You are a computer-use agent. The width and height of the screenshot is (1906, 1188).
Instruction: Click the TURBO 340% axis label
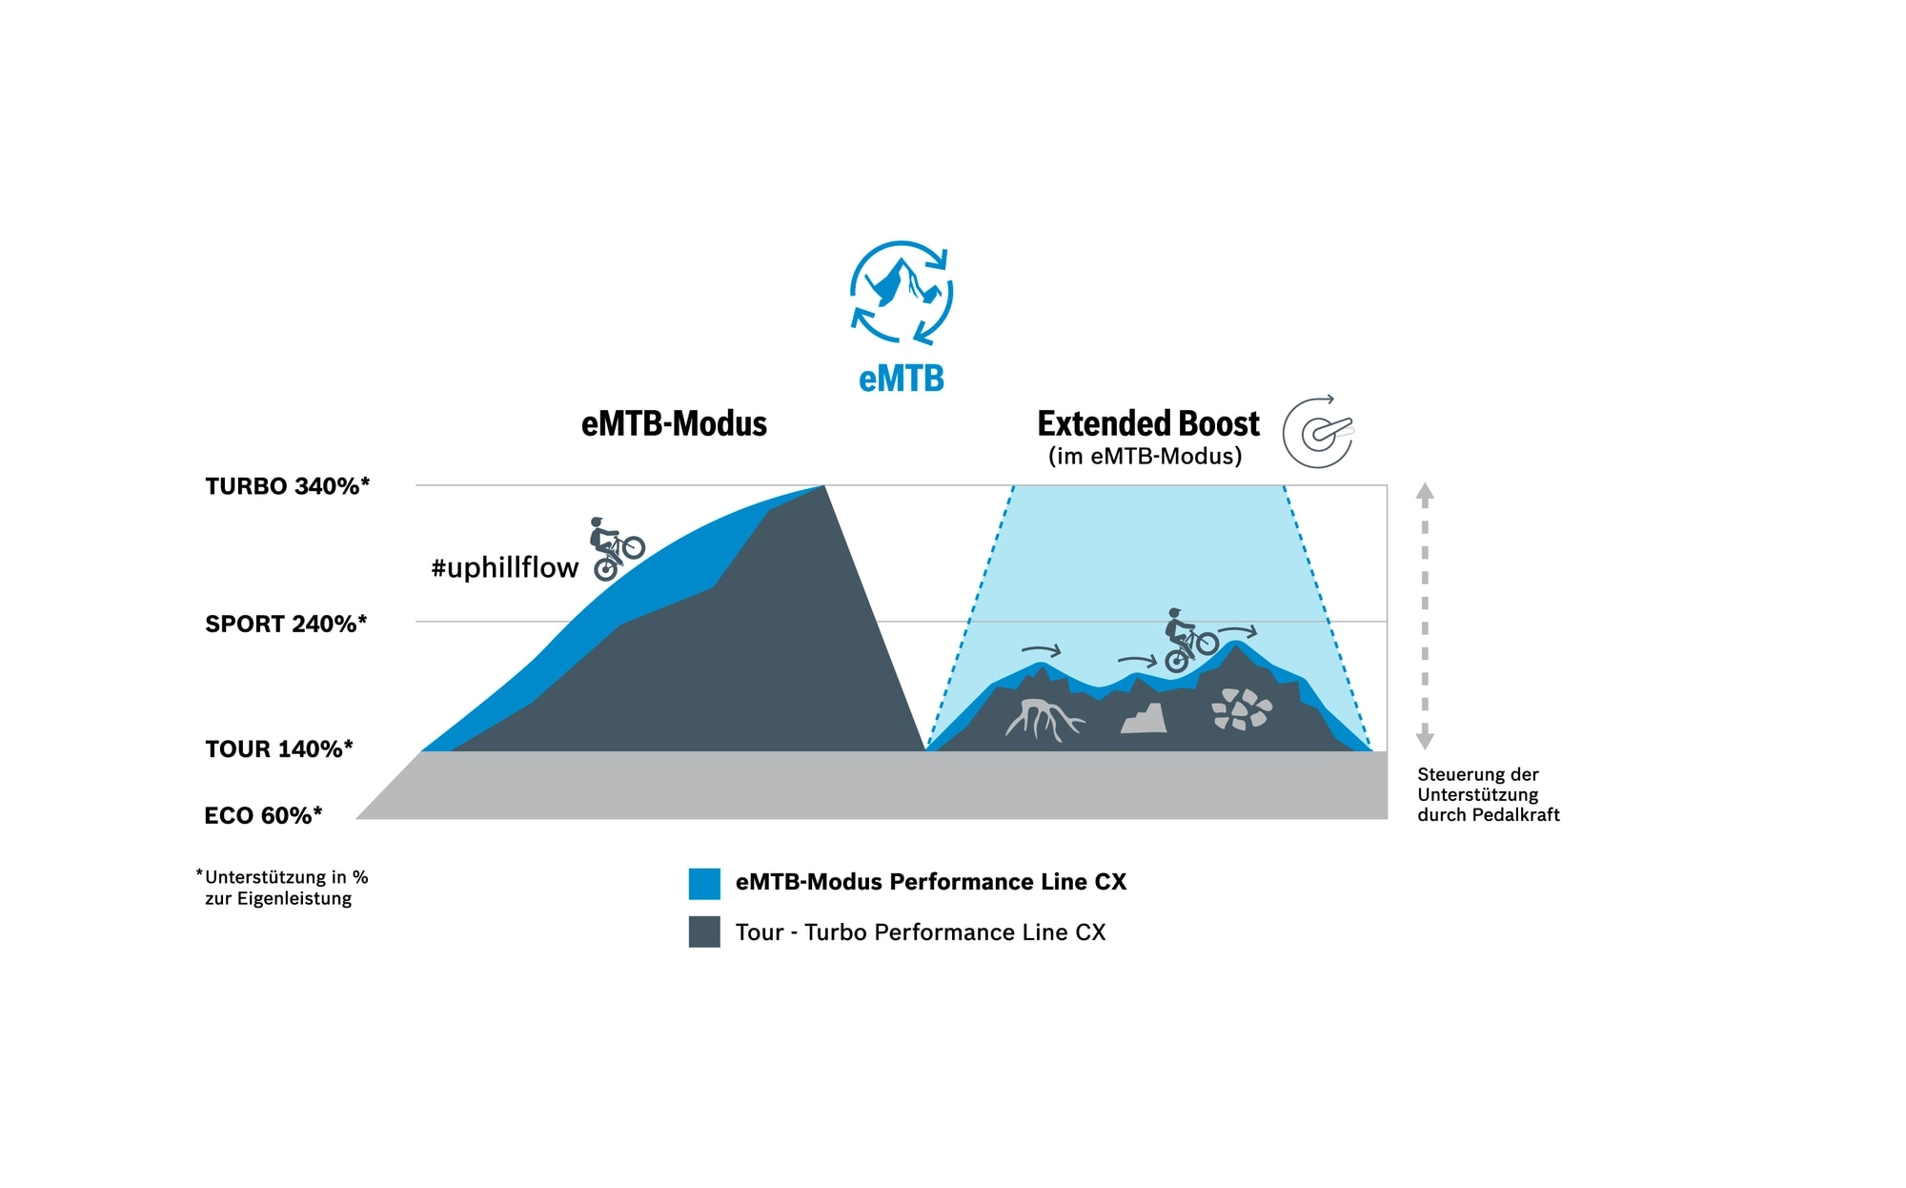click(x=287, y=486)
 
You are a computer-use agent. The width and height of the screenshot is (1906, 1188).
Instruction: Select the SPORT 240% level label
click(x=286, y=624)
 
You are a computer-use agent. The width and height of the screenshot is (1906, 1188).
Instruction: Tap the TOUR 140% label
click(x=278, y=748)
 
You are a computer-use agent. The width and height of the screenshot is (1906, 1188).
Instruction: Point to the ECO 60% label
click(x=263, y=815)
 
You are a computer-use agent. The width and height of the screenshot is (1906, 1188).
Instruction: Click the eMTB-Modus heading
click(x=674, y=423)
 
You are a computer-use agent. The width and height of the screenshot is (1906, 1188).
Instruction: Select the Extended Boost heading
click(x=1147, y=423)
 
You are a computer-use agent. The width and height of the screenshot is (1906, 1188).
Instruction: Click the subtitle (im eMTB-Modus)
click(x=1145, y=456)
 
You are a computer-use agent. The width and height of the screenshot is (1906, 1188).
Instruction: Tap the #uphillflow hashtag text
click(x=504, y=567)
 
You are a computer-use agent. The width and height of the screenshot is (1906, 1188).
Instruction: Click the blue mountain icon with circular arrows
click(x=901, y=292)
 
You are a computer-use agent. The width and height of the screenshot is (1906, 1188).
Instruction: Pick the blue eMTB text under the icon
click(x=901, y=379)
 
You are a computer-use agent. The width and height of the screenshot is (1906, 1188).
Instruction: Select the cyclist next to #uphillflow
click(x=615, y=549)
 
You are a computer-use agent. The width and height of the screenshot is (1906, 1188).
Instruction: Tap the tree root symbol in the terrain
click(x=1043, y=719)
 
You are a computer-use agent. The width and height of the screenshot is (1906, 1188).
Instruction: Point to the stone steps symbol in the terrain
click(x=1145, y=719)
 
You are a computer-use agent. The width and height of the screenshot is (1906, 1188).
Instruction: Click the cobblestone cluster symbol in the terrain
click(x=1241, y=709)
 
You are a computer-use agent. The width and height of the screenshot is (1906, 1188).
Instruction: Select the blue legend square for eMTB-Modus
click(x=704, y=883)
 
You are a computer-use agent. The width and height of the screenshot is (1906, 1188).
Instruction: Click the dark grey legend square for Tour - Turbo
click(x=704, y=932)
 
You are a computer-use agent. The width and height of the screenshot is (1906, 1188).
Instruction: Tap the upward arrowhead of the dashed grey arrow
click(x=1425, y=493)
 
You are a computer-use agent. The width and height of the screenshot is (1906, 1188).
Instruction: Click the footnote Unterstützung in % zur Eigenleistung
click(x=282, y=888)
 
